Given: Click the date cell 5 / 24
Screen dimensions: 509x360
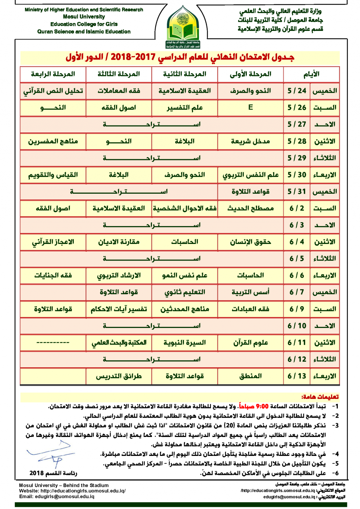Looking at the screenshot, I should click(x=297, y=91).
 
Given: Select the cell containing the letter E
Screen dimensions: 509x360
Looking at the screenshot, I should click(x=250, y=107).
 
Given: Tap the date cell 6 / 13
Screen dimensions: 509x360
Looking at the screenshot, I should click(x=297, y=376).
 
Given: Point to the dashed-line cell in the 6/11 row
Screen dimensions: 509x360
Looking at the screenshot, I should click(x=53, y=342).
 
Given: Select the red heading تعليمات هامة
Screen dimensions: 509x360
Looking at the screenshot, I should click(x=320, y=397).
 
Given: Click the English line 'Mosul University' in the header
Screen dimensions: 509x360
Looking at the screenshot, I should click(x=84, y=17).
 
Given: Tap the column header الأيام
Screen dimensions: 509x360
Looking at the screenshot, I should click(x=311, y=74).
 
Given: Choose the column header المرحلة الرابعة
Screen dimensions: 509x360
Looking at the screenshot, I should click(x=53, y=74).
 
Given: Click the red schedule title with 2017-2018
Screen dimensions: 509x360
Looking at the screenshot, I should click(x=180, y=57).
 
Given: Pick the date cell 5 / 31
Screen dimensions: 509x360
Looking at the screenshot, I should click(x=297, y=192).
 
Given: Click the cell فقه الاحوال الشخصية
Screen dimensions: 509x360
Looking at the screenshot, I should click(x=185, y=208).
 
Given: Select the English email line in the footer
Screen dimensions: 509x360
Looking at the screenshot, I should click(x=57, y=496).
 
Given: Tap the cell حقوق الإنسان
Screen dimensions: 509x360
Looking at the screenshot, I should click(x=250, y=242).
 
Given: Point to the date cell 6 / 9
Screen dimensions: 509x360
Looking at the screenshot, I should click(x=297, y=309).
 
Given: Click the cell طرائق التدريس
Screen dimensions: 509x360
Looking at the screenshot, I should click(x=119, y=376).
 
